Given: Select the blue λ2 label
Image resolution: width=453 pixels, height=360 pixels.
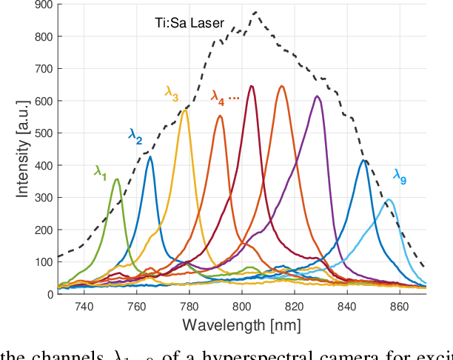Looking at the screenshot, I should point(135,136).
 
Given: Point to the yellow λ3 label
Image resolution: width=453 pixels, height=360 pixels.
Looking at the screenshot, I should point(172,94).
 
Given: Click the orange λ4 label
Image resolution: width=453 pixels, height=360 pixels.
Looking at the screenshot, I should point(218,97).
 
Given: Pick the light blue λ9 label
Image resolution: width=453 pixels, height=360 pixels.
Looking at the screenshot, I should point(400,176).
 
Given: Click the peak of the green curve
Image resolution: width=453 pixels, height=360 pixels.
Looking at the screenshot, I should point(116,179).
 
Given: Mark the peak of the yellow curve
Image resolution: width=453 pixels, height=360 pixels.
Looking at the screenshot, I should point(184,109).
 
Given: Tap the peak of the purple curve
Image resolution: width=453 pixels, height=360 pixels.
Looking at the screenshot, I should point(317,96).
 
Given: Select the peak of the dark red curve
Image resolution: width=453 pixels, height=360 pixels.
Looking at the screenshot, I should point(252,86).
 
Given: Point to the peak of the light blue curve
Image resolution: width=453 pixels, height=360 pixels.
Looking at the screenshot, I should point(388,199).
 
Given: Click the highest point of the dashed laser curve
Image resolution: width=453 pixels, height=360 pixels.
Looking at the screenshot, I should point(255,12).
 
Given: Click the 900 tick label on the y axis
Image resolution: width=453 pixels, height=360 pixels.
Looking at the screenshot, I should point(44,4).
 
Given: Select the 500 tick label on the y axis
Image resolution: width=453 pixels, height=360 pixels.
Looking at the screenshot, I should point(44,133).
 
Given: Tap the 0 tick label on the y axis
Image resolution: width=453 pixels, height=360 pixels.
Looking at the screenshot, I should point(50,294).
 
